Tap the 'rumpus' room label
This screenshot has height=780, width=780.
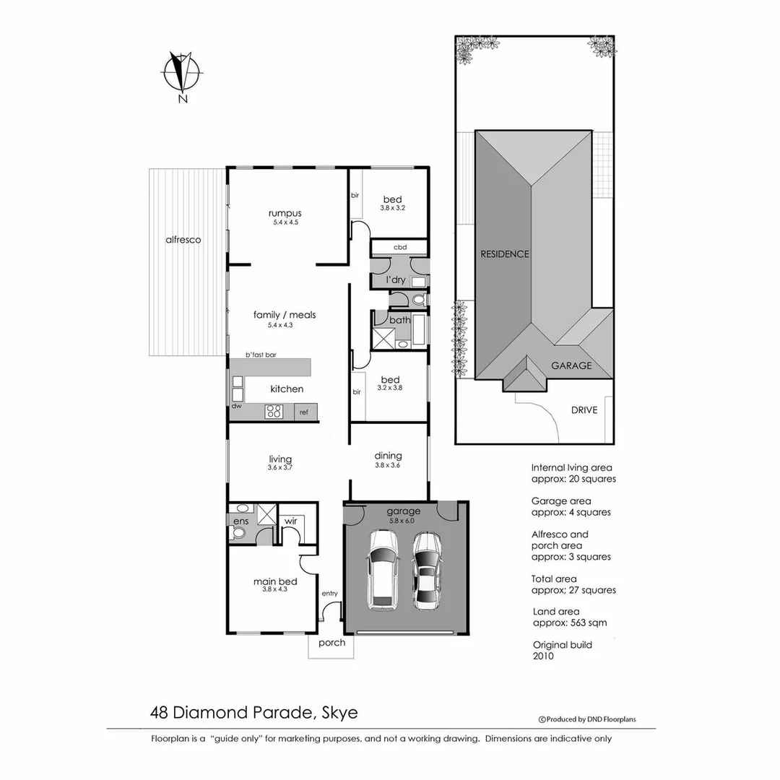tap(284, 213)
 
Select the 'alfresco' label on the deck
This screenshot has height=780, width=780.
tap(183, 240)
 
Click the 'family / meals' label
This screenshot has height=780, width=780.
tap(284, 315)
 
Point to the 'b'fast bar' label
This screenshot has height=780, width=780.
tap(261, 355)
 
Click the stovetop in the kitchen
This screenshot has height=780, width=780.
tap(274, 412)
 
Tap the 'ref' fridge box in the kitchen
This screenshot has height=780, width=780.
tap(304, 412)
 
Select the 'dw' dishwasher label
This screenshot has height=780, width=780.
tap(236, 406)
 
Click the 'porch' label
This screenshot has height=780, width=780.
tap(331, 643)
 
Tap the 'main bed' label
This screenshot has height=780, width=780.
tap(275, 581)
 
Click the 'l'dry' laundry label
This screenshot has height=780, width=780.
tap(395, 279)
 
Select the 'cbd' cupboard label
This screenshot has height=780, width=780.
tap(399, 247)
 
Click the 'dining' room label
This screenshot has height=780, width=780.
tap(388, 456)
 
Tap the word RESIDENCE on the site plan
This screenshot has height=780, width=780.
tap(506, 254)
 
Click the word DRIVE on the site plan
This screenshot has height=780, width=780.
tap(584, 410)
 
